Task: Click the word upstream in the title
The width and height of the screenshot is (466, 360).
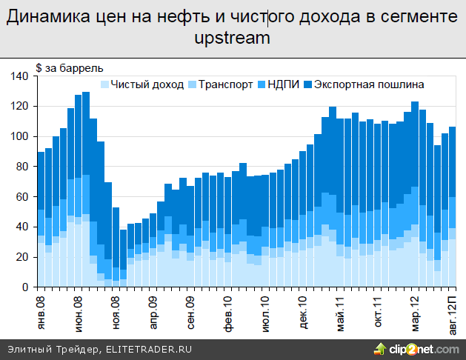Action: (232, 38)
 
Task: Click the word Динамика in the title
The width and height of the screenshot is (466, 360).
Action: (41, 17)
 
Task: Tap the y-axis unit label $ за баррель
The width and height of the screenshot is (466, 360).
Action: (64, 69)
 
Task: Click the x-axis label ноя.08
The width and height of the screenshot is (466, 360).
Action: (116, 310)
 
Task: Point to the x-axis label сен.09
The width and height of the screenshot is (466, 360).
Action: (190, 310)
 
